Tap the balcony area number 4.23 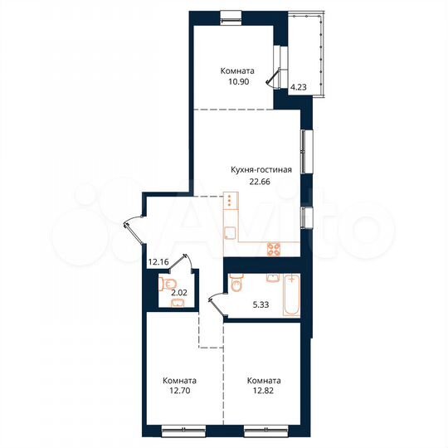(x=297, y=83)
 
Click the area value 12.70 (x=179, y=395)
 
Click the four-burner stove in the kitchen (x=273, y=248)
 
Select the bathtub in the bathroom (x=291, y=295)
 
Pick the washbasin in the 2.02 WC (x=175, y=304)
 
